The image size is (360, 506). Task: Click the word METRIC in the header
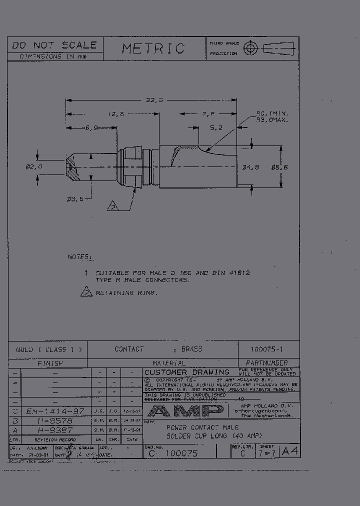point(153,48)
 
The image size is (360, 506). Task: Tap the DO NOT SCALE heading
point(54,45)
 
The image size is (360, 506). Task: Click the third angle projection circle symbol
point(249,48)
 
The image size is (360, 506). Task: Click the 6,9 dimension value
point(91,128)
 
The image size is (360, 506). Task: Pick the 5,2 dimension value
point(216,128)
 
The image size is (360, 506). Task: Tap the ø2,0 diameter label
point(34,166)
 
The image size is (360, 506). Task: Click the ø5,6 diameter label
point(279,167)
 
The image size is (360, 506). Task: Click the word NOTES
point(80,257)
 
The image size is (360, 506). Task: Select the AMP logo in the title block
point(185,411)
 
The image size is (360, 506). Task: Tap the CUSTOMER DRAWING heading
point(186,372)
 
